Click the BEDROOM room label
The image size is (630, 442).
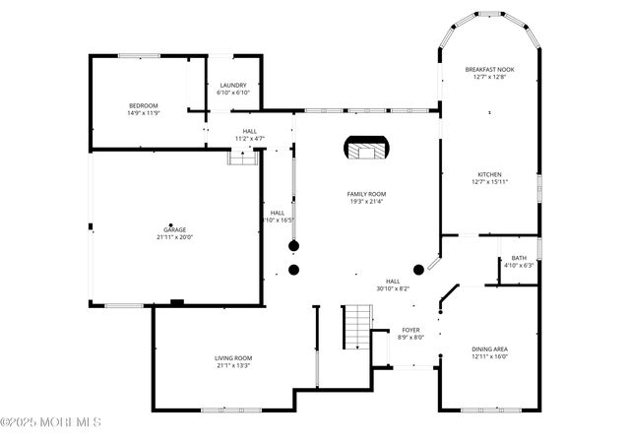tap(143, 105)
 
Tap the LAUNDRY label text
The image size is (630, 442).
tap(233, 85)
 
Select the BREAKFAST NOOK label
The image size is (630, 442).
tap(489, 69)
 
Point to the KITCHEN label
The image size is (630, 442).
tap(489, 174)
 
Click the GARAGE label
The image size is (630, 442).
tap(174, 229)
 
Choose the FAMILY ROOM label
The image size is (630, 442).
tap(365, 194)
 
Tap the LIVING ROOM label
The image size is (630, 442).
tap(233, 357)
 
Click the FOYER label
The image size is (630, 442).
tap(410, 330)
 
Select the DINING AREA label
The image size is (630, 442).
tap(489, 348)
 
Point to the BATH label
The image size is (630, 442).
tap(518, 258)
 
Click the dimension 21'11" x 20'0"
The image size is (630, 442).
tap(174, 237)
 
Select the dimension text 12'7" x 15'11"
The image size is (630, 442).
tap(489, 182)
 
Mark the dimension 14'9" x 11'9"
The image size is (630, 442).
tap(143, 113)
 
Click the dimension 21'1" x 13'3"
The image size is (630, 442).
tap(233, 365)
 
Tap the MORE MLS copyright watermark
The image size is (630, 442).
tap(51, 422)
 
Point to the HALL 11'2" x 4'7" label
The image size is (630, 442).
tap(248, 135)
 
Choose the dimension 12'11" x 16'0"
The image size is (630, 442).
tap(489, 356)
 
